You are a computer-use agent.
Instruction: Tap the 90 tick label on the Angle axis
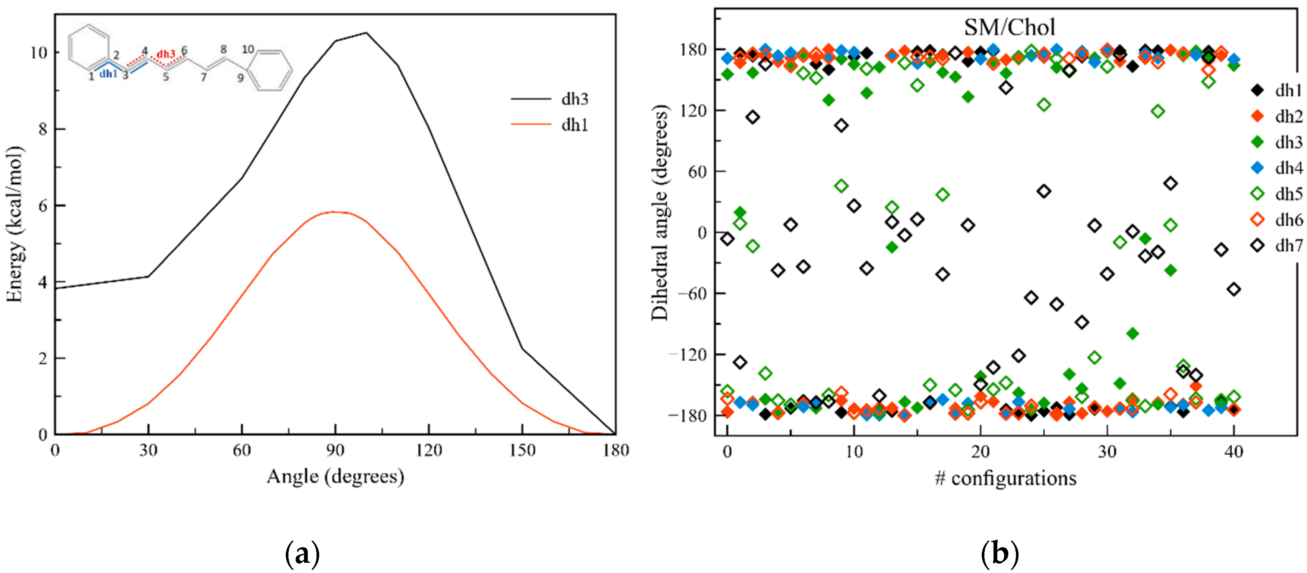point(335,450)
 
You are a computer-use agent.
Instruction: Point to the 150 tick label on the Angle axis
point(522,450)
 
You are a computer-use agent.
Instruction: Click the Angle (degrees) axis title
point(335,477)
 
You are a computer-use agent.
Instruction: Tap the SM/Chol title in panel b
point(1009,27)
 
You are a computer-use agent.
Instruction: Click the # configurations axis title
point(1005,478)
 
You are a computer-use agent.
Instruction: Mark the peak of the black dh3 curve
point(366,33)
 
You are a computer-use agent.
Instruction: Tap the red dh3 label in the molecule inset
point(165,54)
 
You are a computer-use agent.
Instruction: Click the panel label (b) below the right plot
point(999,554)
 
